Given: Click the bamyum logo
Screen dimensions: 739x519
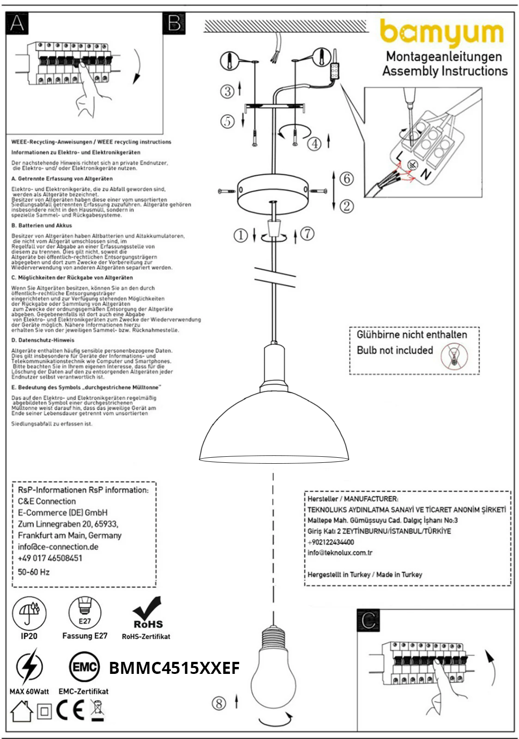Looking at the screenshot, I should click(441, 32).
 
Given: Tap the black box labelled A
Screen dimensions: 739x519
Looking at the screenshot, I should click(17, 23).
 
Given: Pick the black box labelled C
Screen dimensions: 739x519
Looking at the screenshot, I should click(368, 620).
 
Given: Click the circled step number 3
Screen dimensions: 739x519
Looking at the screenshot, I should click(227, 91).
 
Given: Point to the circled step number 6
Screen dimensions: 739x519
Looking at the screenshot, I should click(346, 178).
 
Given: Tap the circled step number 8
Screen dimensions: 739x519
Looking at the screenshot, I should click(219, 703).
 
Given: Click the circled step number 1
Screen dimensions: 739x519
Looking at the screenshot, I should click(241, 236).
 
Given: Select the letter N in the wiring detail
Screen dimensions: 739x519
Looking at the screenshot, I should click(425, 174).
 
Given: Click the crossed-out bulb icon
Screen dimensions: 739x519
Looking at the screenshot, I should click(454, 356).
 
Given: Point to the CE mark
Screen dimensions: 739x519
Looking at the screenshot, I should click(70, 710).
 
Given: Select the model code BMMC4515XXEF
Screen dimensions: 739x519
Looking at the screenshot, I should click(174, 668).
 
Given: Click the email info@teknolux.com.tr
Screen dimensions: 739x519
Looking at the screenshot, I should click(340, 552).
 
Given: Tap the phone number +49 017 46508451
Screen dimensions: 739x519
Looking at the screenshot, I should click(50, 558).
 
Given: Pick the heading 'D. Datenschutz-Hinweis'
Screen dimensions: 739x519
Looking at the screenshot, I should click(42, 340).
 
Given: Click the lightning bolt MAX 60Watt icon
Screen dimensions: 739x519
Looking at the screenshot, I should click(29, 667).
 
